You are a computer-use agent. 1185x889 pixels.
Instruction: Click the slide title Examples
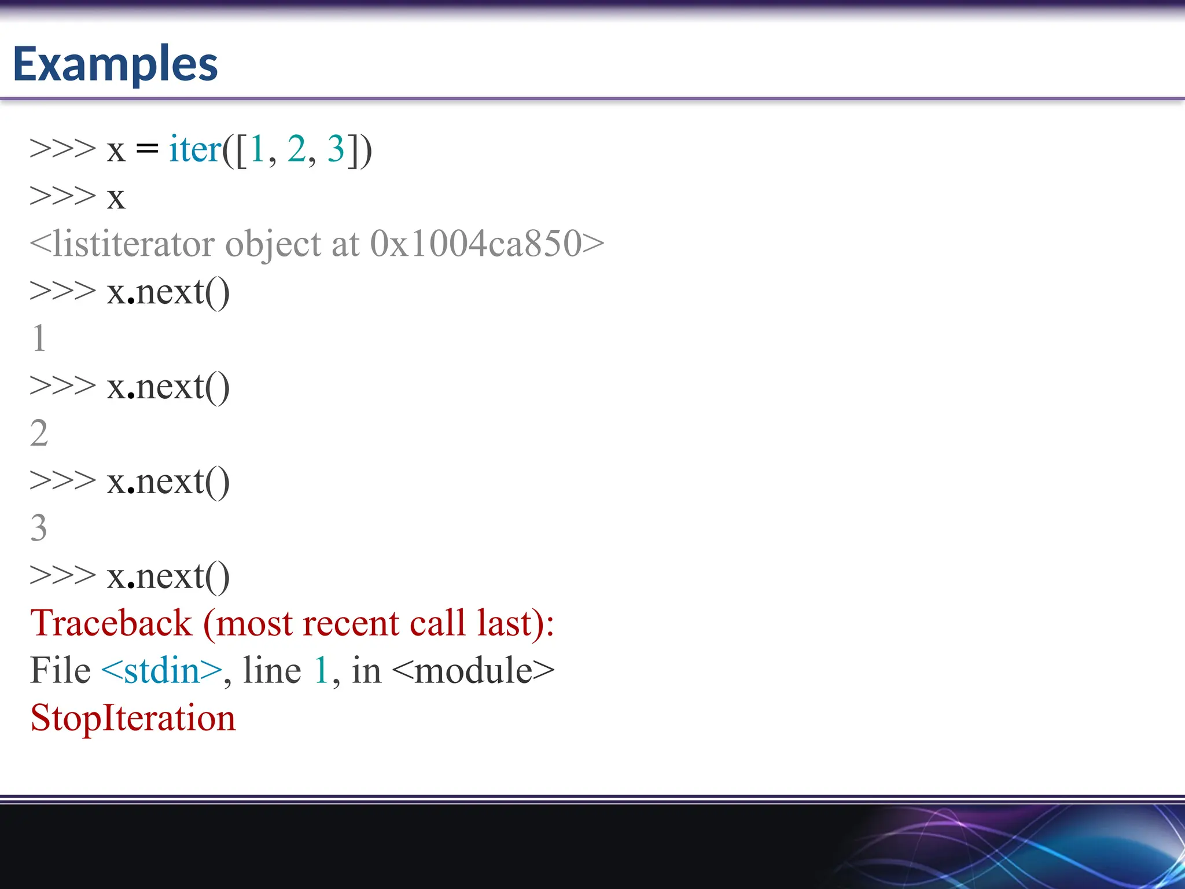(115, 64)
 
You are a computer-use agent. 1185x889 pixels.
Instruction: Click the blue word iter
(195, 149)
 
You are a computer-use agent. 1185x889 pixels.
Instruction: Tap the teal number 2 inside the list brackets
(296, 149)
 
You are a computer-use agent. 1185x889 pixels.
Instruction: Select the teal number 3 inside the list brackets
(336, 149)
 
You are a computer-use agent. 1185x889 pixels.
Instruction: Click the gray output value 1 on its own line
(39, 339)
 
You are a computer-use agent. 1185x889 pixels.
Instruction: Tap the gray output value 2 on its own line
(39, 434)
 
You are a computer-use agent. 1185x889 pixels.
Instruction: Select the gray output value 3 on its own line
(39, 528)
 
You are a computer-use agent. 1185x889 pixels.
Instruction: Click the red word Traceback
(111, 623)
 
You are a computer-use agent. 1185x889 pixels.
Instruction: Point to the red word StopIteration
(133, 718)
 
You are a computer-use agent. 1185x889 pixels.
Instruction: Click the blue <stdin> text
(161, 671)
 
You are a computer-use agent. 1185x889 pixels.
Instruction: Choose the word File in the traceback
(60, 671)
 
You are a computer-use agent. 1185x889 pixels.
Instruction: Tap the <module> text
(473, 671)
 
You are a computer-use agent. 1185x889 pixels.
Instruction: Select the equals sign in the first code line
(147, 150)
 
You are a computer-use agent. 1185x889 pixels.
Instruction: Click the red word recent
(350, 623)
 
